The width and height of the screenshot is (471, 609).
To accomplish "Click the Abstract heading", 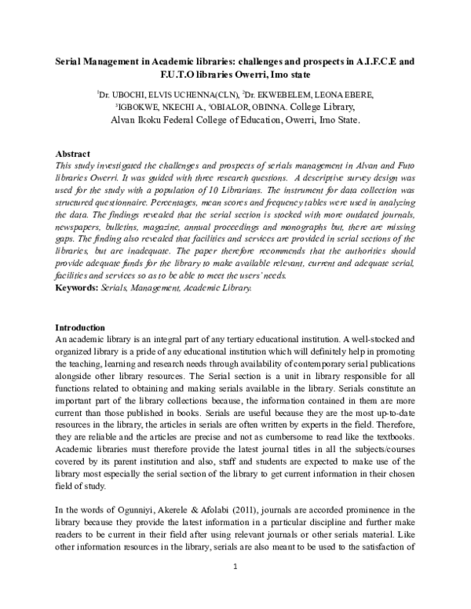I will point(75,153).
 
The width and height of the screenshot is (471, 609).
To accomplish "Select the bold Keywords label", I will point(77,289).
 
